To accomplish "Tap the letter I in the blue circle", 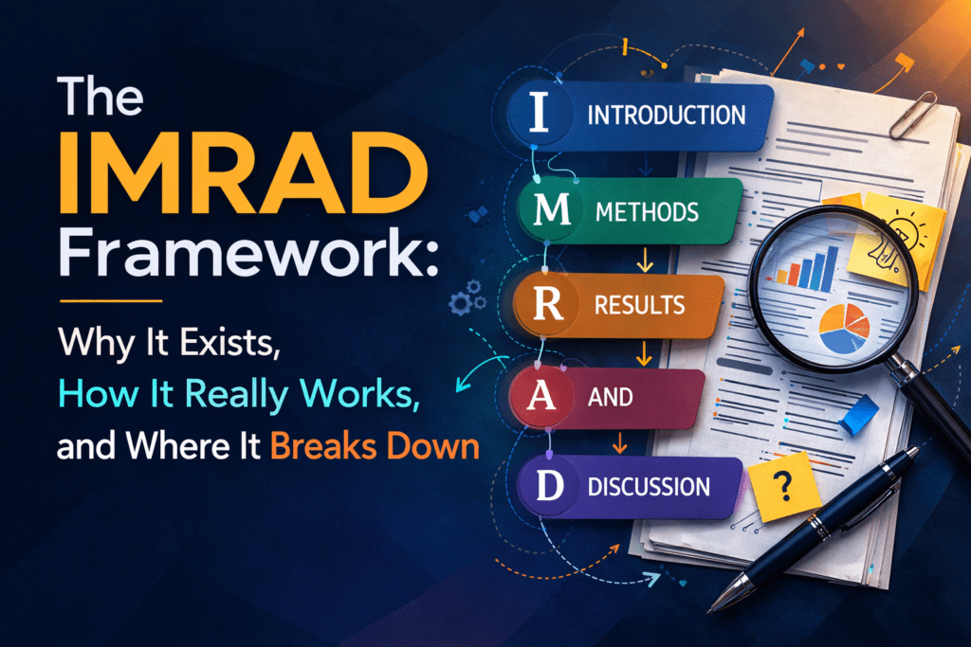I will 538,114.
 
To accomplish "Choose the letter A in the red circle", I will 537,395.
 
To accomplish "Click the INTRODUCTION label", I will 666,116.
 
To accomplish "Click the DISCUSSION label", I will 649,488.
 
